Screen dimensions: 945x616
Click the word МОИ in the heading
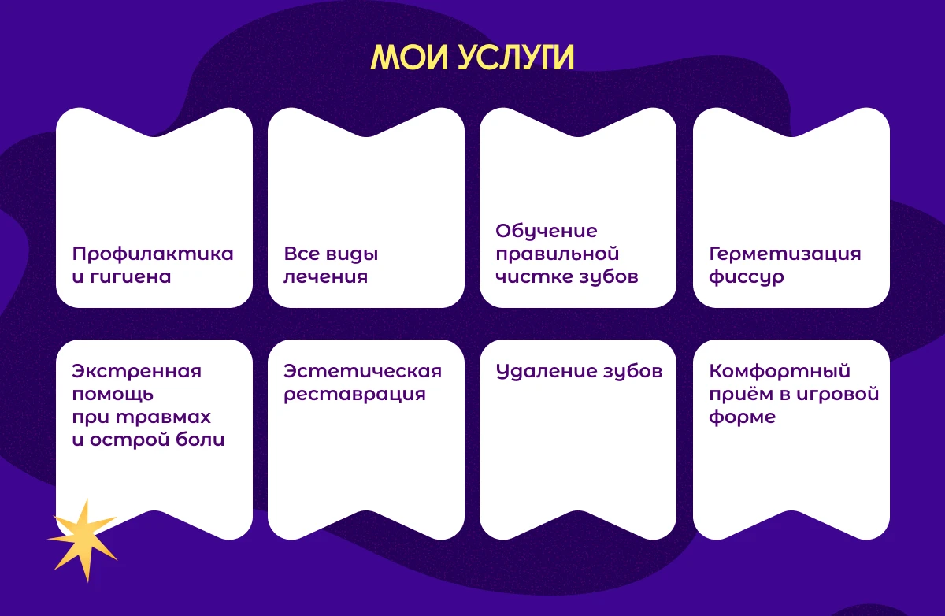tap(409, 58)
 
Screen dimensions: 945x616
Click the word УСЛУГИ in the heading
tap(516, 58)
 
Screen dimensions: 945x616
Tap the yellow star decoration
tap(83, 540)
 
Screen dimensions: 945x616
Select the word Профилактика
tap(153, 254)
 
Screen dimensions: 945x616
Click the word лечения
tap(326, 277)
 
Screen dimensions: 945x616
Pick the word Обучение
tap(547, 231)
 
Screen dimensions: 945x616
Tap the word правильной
tap(558, 254)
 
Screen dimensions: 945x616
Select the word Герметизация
tap(785, 254)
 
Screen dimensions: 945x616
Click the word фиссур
tap(747, 277)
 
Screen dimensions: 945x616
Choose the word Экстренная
tap(137, 372)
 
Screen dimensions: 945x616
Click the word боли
tap(200, 440)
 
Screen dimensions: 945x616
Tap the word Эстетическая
tap(362, 372)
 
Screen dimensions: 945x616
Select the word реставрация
tap(355, 395)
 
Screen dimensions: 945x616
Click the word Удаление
tap(543, 372)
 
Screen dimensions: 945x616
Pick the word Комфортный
tap(780, 372)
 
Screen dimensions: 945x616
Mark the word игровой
tap(838, 395)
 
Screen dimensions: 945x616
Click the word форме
tap(743, 417)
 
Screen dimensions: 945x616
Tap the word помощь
tap(113, 395)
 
